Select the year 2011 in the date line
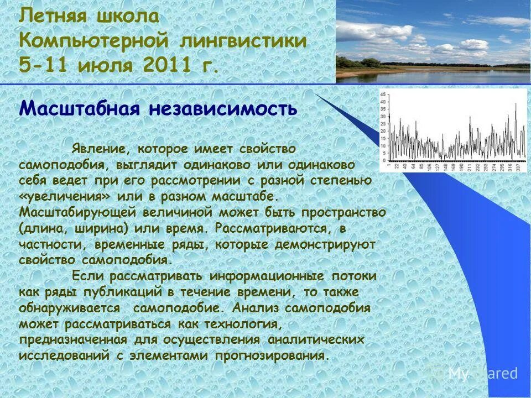click(167, 67)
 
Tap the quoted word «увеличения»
click(66, 197)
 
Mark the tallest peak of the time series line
click(516, 104)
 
